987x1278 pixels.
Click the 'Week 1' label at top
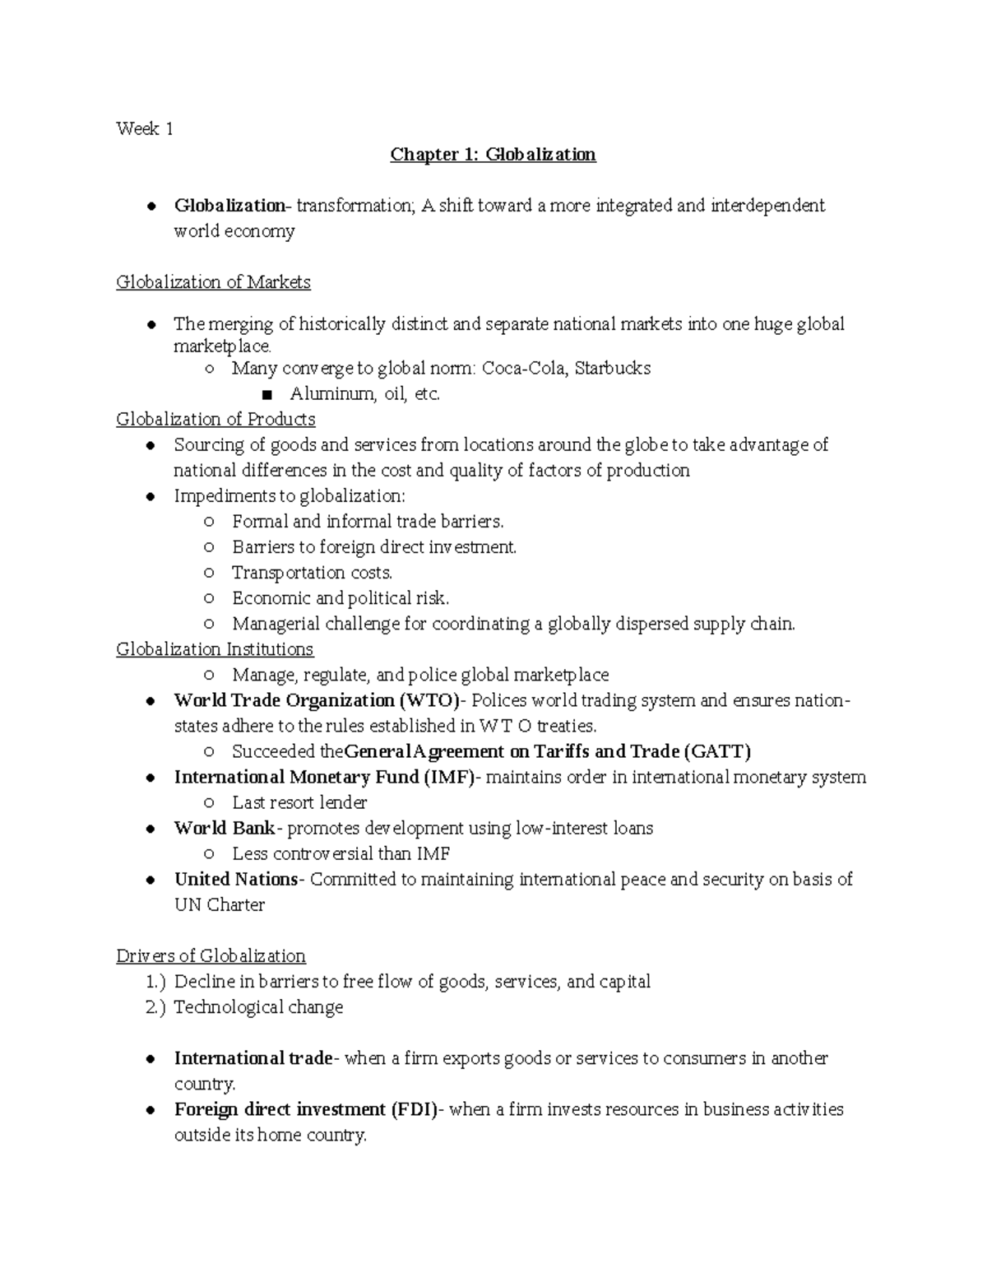coord(144,128)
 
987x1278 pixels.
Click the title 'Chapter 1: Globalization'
coord(493,155)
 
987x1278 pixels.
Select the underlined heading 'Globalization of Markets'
coord(213,282)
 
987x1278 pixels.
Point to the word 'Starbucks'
coord(613,368)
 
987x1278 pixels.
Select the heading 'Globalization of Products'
coord(215,420)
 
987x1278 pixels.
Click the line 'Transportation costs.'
coord(312,573)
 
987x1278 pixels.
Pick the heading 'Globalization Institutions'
coord(215,649)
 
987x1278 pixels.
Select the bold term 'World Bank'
coord(225,828)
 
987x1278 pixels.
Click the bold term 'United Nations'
coord(236,879)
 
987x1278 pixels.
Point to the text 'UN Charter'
coord(219,904)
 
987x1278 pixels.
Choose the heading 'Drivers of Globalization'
coord(211,956)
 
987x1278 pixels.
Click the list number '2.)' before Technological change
coord(155,1007)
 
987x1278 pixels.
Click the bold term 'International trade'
coord(253,1058)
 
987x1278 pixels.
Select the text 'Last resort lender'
coord(299,802)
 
